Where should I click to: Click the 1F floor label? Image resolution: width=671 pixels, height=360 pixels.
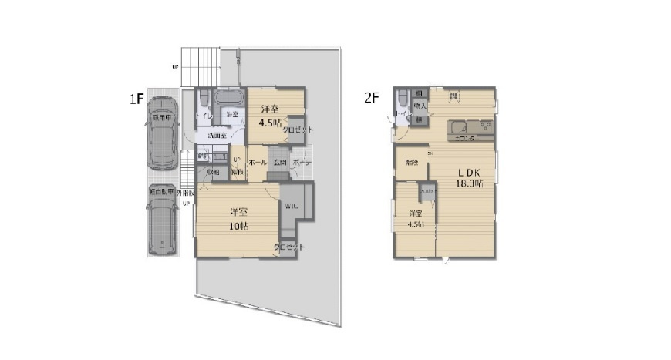click(137, 99)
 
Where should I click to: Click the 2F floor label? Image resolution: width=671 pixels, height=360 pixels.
click(373, 98)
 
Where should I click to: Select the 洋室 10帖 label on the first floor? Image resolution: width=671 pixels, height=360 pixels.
click(238, 219)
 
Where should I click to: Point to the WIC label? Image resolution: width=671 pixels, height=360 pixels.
click(291, 206)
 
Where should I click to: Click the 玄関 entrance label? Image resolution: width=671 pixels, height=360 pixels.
click(278, 163)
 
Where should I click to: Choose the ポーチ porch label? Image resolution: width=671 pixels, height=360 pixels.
click(302, 163)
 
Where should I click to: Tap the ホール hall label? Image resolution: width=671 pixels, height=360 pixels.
click(258, 163)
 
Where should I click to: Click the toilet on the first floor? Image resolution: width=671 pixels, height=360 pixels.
click(203, 101)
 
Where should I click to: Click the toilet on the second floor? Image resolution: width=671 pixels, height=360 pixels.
click(401, 99)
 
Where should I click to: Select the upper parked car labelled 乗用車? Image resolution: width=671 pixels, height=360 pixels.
click(162, 133)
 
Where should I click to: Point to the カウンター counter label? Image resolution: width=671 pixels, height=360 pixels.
click(464, 137)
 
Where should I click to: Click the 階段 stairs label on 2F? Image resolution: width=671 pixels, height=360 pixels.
click(411, 163)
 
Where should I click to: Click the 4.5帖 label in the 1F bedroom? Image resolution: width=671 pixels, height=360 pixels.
click(269, 123)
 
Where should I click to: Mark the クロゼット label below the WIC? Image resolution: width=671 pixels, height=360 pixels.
click(288, 247)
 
